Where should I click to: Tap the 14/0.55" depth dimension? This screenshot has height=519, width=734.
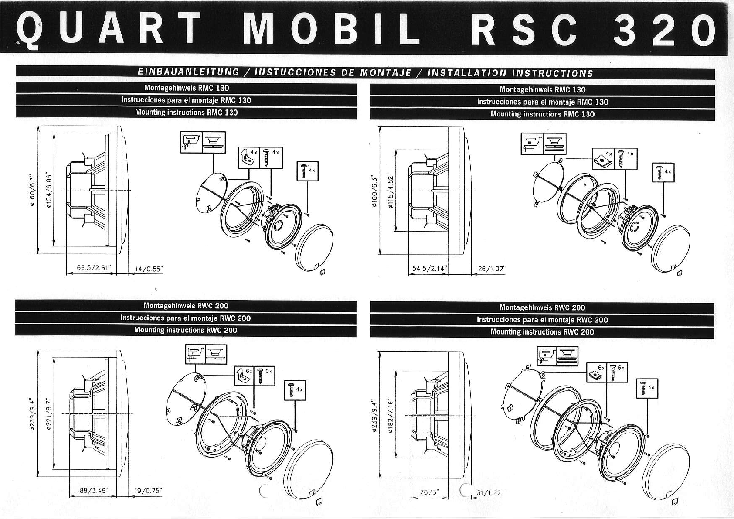[x=149, y=269]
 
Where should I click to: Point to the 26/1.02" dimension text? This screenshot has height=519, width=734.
[x=492, y=269]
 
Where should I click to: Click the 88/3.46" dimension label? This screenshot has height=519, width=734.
[x=94, y=491]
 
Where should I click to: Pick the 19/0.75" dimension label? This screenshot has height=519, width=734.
[x=148, y=491]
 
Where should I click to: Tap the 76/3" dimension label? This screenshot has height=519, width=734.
[x=429, y=492]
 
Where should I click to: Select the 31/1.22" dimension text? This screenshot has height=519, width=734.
[x=490, y=492]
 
